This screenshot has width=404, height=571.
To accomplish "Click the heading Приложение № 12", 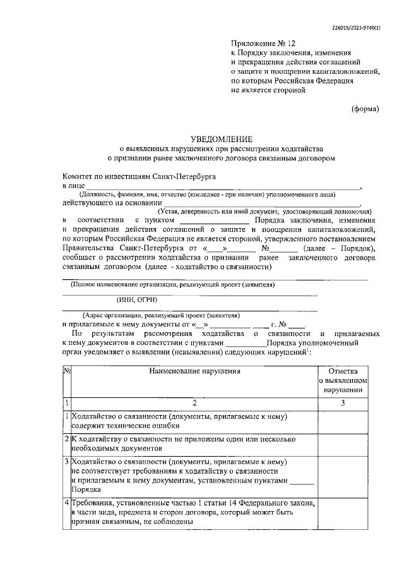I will (x=263, y=44).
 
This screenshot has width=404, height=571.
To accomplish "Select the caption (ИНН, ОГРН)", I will (x=137, y=299).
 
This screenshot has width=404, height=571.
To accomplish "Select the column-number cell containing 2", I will (x=195, y=402).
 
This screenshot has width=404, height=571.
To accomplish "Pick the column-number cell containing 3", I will (x=343, y=402).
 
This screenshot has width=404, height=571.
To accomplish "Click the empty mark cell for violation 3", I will (x=343, y=475).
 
